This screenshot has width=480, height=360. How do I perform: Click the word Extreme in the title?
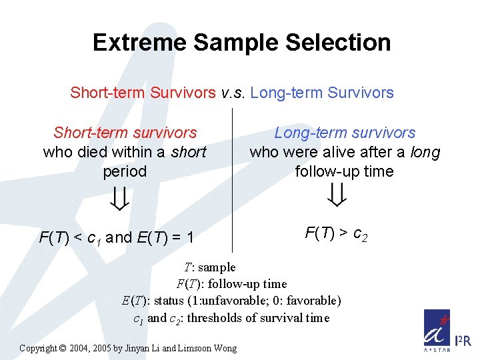click(140, 43)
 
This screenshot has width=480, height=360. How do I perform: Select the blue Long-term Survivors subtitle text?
click(322, 93)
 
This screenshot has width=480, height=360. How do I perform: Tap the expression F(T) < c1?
click(70, 237)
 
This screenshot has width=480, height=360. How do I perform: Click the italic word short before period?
click(189, 152)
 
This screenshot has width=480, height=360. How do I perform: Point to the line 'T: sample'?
click(207, 267)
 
